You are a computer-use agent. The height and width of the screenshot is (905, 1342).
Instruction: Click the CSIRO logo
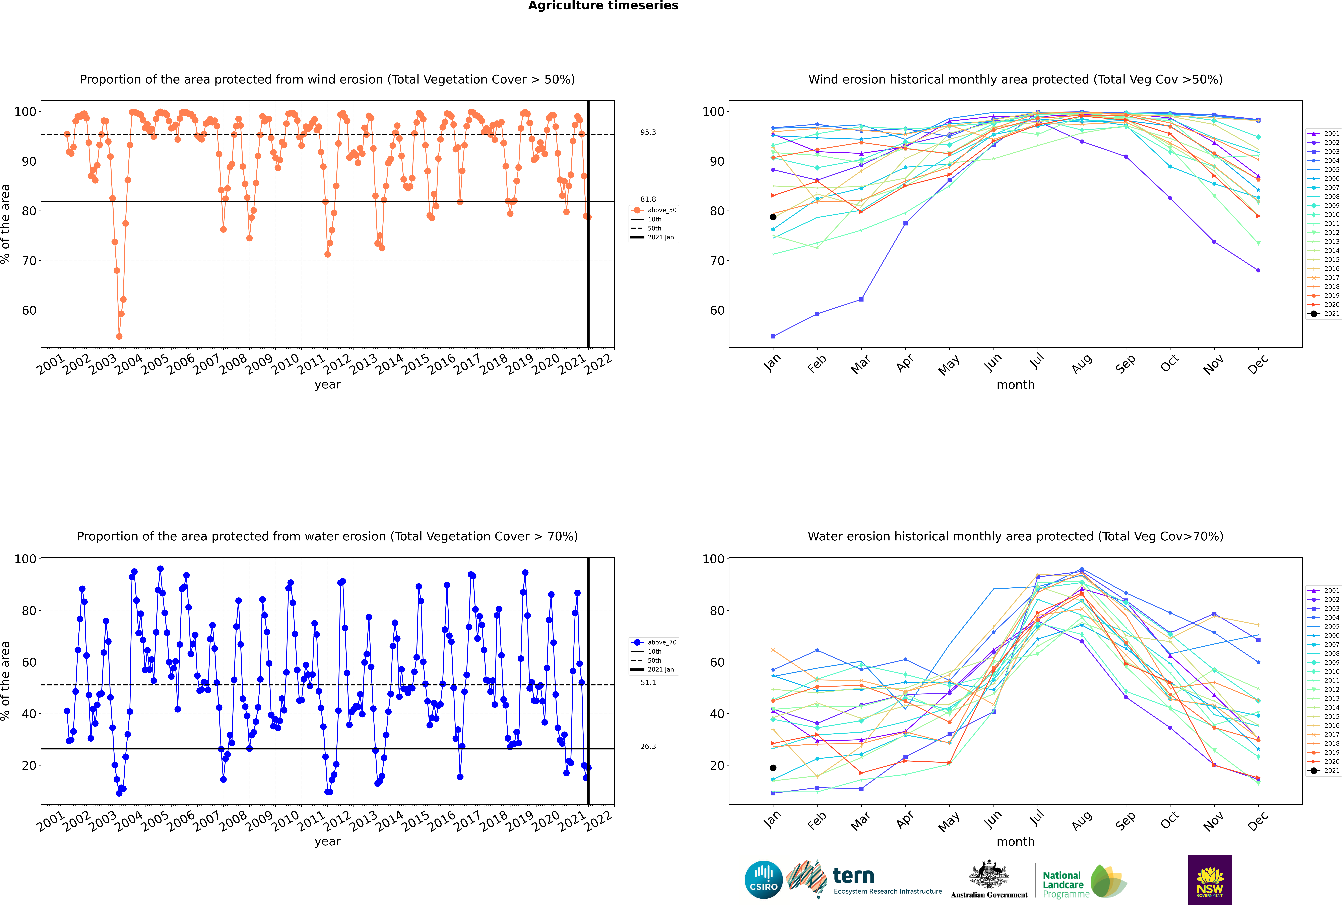click(x=763, y=880)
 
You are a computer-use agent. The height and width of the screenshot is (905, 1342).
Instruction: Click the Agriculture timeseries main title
click(x=603, y=6)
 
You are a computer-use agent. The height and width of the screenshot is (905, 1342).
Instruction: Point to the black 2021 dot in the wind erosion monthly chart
click(x=773, y=217)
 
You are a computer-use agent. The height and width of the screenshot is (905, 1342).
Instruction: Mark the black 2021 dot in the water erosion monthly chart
click(x=773, y=768)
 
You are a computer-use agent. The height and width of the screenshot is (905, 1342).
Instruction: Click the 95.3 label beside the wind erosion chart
click(x=648, y=132)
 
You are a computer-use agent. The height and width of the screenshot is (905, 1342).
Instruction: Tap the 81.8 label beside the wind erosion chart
click(x=648, y=199)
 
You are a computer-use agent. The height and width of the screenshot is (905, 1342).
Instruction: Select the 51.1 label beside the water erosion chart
click(x=648, y=682)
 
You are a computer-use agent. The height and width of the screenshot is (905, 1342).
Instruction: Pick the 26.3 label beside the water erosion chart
click(x=648, y=746)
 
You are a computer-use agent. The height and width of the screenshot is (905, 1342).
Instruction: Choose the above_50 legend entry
click(x=654, y=210)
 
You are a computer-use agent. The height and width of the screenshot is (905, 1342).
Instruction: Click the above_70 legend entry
click(x=654, y=642)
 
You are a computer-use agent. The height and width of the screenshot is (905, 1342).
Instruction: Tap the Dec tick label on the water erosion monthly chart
click(x=1258, y=821)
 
